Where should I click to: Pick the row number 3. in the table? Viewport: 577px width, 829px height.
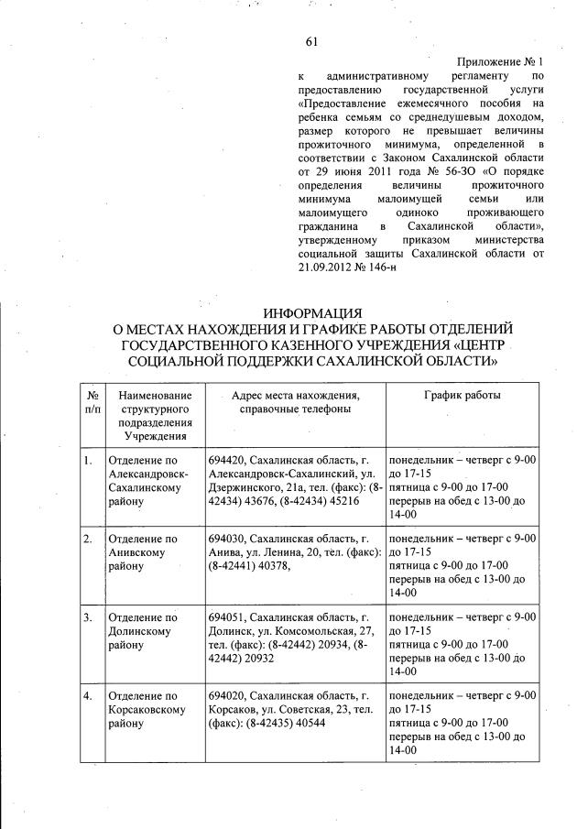pyautogui.click(x=88, y=618)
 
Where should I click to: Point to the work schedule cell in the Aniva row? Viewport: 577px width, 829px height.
pyautogui.click(x=462, y=565)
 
